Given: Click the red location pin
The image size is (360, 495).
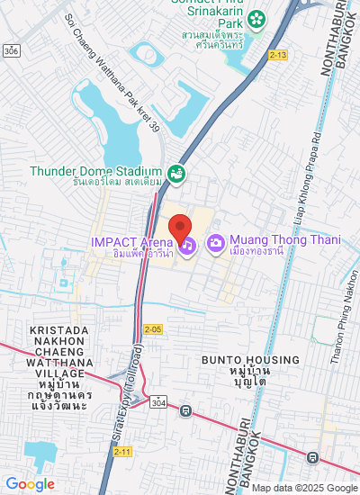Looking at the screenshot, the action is (x=181, y=228).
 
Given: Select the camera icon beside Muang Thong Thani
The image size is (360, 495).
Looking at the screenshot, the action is (x=216, y=243).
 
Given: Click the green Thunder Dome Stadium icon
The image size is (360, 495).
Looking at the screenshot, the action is (x=177, y=173).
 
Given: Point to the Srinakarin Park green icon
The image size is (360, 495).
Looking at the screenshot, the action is (x=257, y=18).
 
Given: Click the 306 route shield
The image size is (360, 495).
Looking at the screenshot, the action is (x=11, y=51).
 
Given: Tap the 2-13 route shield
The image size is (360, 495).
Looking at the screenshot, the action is (x=278, y=55).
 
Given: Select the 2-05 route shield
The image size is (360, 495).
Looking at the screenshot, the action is (x=152, y=329).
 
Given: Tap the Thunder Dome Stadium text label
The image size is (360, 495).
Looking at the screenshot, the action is (x=95, y=171).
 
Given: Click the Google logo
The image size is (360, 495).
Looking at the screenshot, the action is (x=30, y=484).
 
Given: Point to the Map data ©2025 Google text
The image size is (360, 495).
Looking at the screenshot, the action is (x=304, y=488).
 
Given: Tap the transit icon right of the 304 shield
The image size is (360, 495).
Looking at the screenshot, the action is (x=185, y=412).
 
